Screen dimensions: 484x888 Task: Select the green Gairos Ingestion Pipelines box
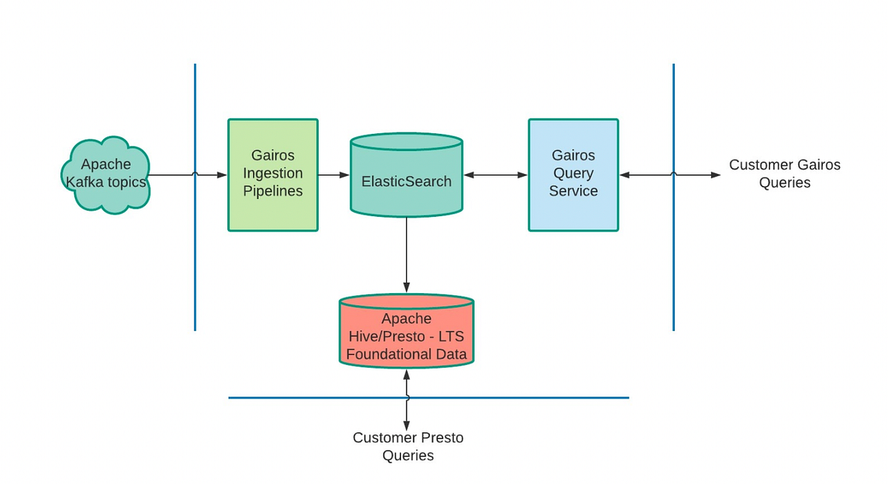(273, 175)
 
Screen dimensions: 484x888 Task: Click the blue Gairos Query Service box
(573, 175)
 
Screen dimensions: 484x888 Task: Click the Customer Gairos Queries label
(784, 174)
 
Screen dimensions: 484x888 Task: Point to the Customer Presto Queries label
(408, 446)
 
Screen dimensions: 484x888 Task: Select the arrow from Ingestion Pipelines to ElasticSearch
(334, 175)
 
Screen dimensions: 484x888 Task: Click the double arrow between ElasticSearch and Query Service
(495, 175)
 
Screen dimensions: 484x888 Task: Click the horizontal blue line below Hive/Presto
(518, 397)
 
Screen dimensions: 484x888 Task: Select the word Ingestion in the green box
(273, 173)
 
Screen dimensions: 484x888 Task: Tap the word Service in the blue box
(573, 191)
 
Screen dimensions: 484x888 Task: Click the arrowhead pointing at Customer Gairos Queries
(716, 175)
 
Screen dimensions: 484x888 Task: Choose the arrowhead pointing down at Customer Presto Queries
(406, 424)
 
